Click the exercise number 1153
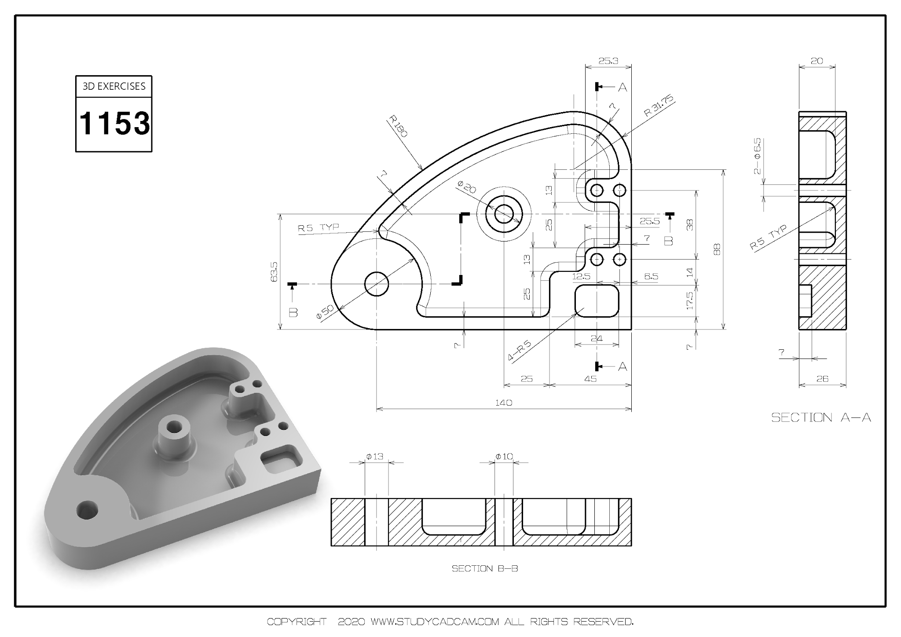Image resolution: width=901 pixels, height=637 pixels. pos(114,124)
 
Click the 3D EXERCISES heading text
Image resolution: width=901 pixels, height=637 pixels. pos(114,86)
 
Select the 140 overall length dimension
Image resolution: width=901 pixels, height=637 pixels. pos(503,403)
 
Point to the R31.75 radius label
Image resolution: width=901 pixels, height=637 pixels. pos(659,106)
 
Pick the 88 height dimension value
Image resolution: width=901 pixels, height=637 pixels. pos(717,249)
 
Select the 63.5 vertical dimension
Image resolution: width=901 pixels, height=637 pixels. pos(275,271)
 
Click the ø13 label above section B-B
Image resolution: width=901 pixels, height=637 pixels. pos(375,457)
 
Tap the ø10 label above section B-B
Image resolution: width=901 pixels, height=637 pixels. pos(504,457)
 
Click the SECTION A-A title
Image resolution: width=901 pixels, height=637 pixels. pos(821,417)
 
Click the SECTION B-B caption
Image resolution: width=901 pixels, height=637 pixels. pos(484,568)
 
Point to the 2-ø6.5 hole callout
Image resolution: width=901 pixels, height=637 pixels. pos(757,156)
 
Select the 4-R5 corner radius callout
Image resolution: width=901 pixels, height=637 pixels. pos(520,351)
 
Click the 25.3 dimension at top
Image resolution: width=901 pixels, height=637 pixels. pos(608,61)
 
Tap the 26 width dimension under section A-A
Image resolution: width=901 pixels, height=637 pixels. pos(822,378)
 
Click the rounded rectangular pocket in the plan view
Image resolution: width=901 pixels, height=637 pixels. pos(597,300)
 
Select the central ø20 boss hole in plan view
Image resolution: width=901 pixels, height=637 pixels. pos(504,214)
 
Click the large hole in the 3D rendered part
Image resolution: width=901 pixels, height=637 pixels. pos(87,510)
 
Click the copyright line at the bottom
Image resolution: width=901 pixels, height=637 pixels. pos(450,622)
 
